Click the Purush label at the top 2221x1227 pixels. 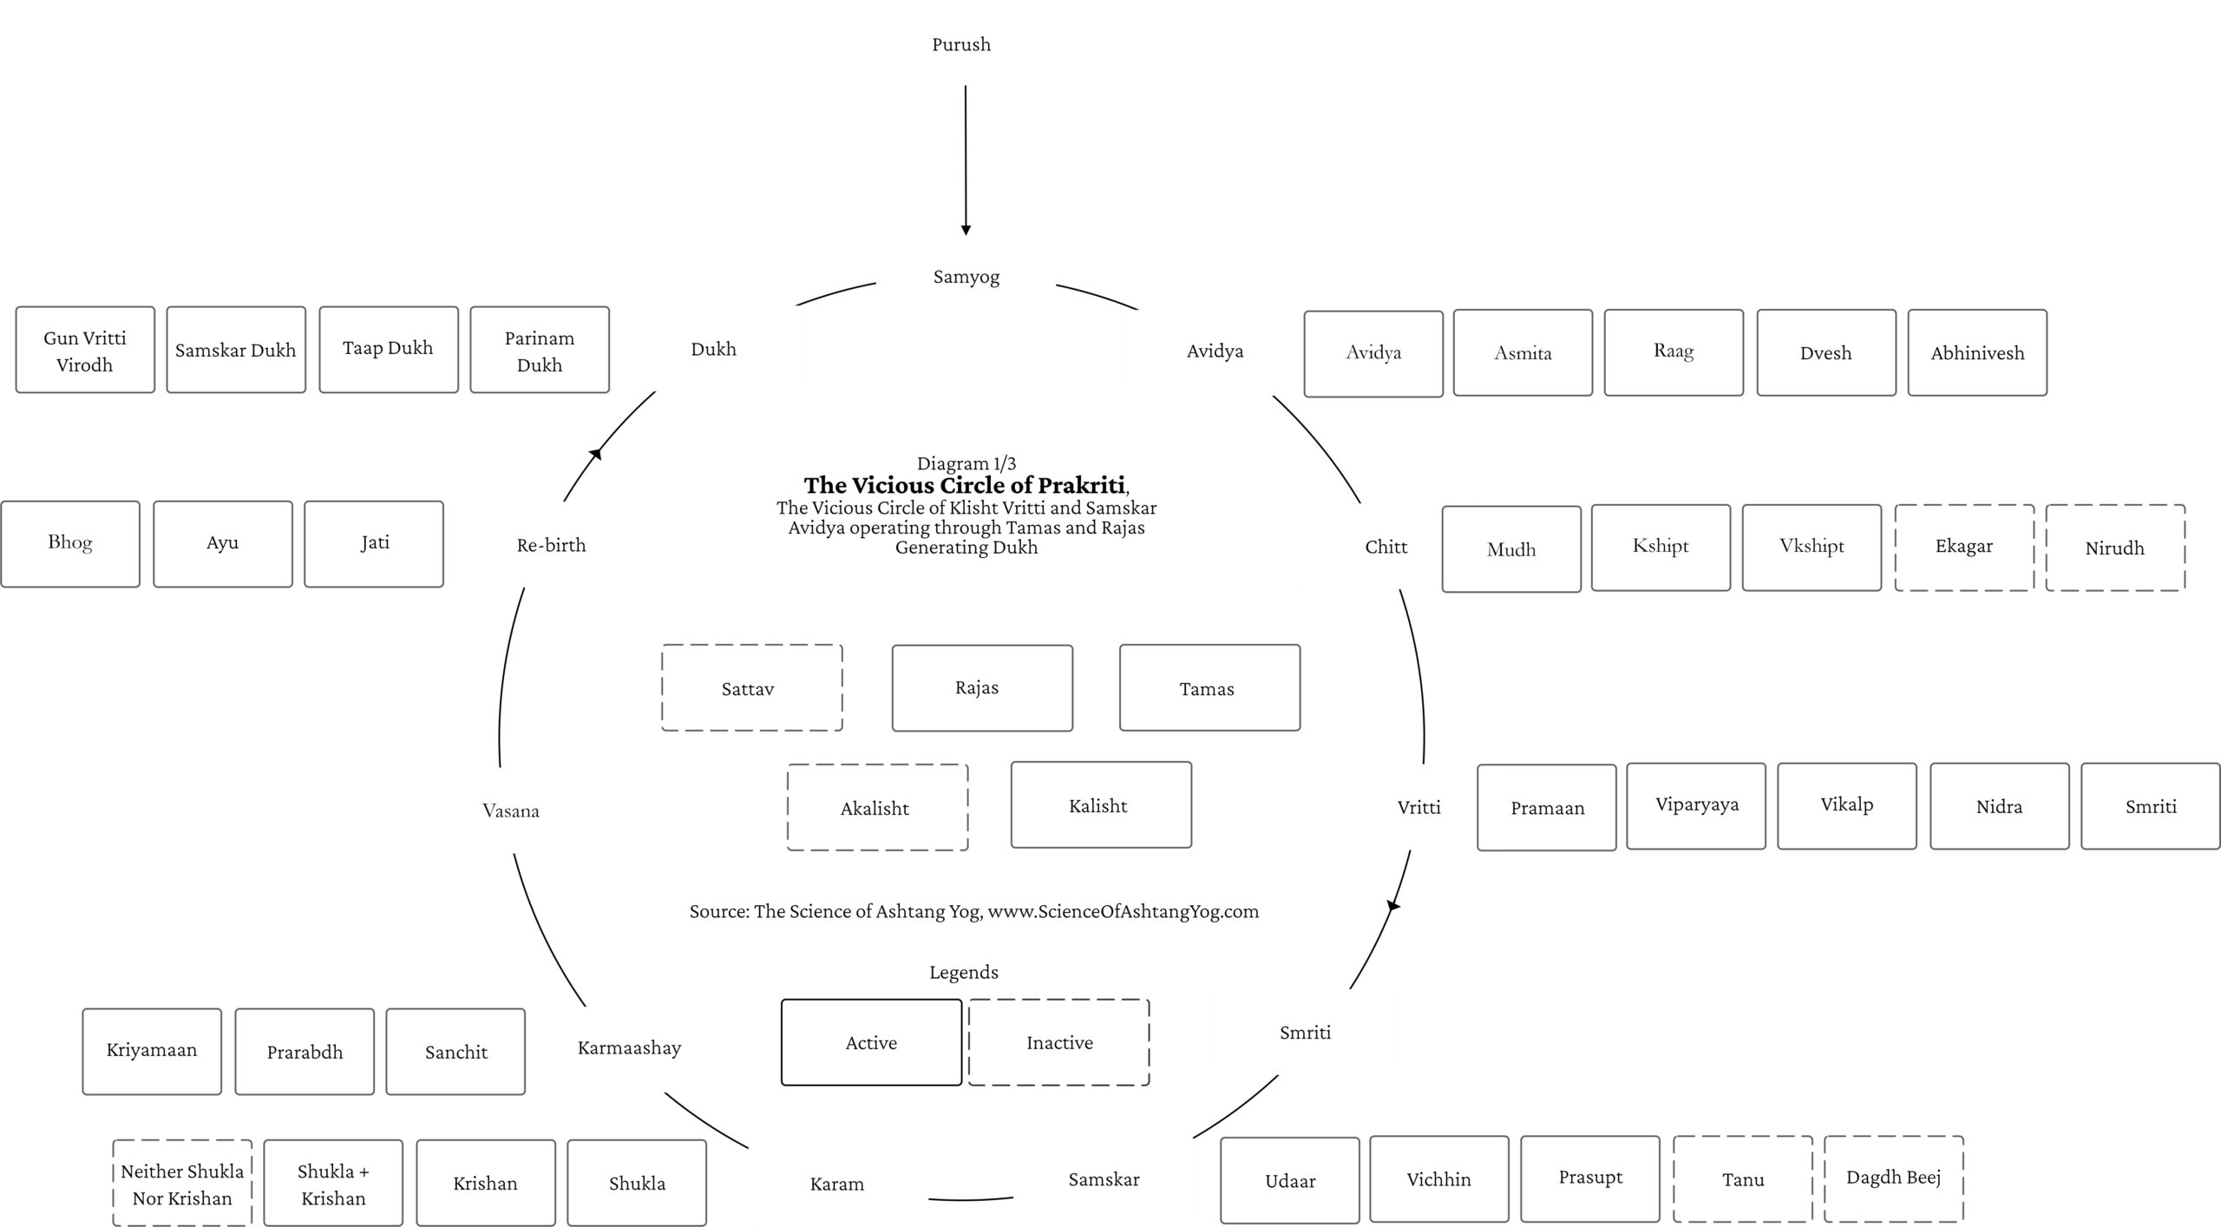click(960, 44)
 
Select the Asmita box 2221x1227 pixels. click(1523, 352)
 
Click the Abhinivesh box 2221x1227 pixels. click(1977, 352)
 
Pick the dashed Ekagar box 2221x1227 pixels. click(1964, 548)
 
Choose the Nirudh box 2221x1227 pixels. click(2115, 548)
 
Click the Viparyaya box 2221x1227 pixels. click(1696, 806)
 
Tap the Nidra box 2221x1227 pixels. click(2000, 806)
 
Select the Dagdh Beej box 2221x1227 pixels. click(1894, 1179)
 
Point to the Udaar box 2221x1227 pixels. click(1290, 1180)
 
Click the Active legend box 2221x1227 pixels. click(872, 1042)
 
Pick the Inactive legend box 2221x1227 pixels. click(1059, 1042)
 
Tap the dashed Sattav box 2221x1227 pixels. click(752, 688)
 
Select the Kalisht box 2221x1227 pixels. click(1101, 805)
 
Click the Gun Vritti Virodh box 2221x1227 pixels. click(85, 350)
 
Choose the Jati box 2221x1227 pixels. click(374, 544)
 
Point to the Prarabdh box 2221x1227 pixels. click(305, 1052)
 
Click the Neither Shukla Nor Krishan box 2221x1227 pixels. click(182, 1184)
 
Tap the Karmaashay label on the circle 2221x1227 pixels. click(629, 1048)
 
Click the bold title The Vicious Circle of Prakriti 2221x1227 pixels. click(965, 485)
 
